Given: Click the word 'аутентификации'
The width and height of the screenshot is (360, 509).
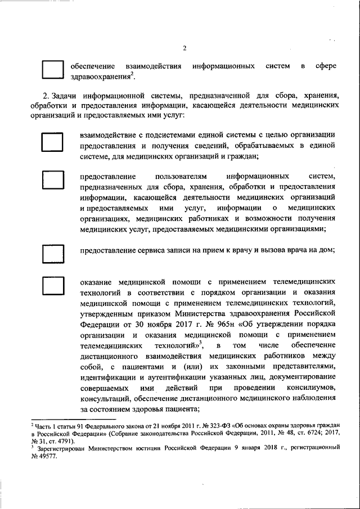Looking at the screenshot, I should (x=160, y=379).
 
